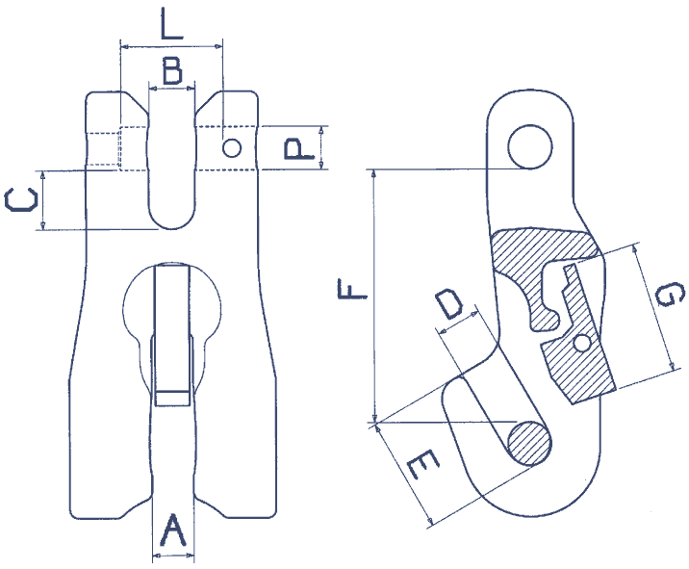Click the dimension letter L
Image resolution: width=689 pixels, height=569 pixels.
point(171,22)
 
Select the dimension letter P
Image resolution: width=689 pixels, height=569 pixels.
point(296,148)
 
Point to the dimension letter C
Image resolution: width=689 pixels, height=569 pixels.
point(21,200)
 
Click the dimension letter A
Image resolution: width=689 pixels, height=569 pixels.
point(172,530)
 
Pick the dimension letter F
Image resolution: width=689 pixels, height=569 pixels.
point(352,288)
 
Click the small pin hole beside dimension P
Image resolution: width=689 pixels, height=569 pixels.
point(231,147)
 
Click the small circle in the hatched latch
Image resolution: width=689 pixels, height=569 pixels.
point(580,344)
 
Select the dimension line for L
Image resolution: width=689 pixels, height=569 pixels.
point(171,43)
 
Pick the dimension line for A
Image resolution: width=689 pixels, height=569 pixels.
point(173,556)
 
